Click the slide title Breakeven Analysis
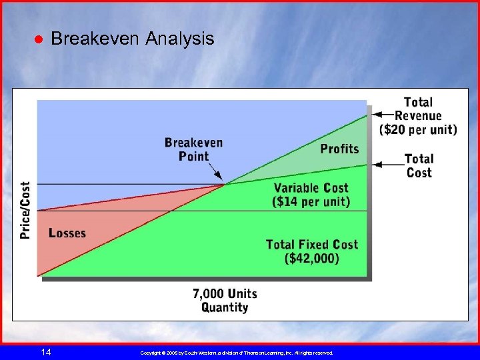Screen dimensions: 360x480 click(132, 39)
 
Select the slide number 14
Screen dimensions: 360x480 click(45, 352)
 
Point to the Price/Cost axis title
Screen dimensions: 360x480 click(25, 210)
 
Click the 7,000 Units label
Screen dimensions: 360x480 click(225, 294)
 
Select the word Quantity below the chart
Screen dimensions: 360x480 click(225, 307)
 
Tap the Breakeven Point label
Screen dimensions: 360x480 click(193, 149)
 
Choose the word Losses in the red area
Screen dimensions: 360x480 click(67, 233)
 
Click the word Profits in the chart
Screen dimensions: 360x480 click(339, 148)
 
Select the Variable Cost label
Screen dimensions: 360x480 click(311, 188)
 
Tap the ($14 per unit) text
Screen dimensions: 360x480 click(311, 201)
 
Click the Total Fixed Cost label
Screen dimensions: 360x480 click(312, 245)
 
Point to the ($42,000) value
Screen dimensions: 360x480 click(312, 259)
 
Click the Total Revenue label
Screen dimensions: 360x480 click(418, 109)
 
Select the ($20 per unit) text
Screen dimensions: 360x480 click(418, 129)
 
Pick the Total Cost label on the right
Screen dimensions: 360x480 click(419, 165)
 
